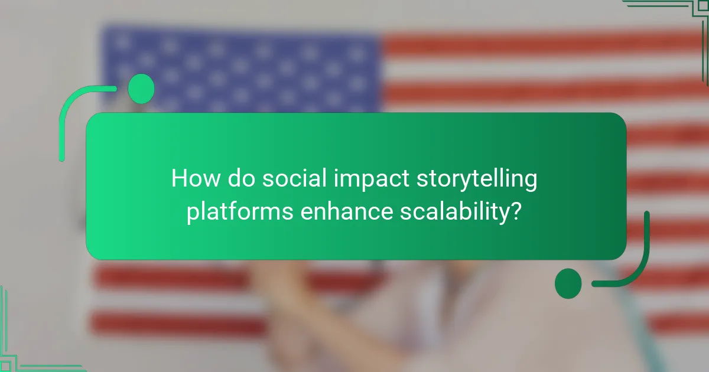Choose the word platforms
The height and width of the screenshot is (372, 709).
coord(239,212)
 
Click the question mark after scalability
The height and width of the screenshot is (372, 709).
coord(516,211)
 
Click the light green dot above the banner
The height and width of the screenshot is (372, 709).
coord(141,89)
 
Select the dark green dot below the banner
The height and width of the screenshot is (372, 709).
coord(568,283)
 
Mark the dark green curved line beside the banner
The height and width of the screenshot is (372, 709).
coord(641,260)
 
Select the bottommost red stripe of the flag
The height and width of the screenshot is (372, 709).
coord(177,324)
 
